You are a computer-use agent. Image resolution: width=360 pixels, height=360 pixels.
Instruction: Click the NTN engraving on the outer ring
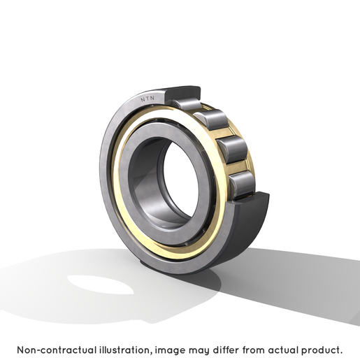click(x=147, y=99)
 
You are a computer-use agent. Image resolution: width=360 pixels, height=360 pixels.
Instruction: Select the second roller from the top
click(x=211, y=120)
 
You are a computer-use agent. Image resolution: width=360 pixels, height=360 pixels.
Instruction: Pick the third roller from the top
click(x=232, y=149)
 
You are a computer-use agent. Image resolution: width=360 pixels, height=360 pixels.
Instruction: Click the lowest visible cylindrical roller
click(x=243, y=184)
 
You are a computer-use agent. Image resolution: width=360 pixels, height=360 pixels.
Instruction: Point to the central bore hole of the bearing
click(x=180, y=180)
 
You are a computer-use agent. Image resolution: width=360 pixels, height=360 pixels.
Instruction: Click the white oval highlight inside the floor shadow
click(x=100, y=285)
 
